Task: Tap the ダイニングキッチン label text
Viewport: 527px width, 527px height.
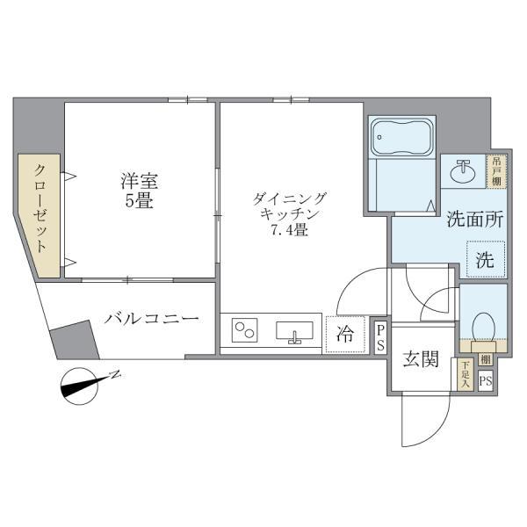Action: [289, 206]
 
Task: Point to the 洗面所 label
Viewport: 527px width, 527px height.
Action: [474, 220]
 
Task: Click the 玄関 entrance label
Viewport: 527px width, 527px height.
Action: [421, 359]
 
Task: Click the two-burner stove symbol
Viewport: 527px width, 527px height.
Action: [245, 332]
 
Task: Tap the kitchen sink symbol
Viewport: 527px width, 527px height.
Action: [295, 332]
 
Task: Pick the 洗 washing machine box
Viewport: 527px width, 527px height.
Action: [484, 260]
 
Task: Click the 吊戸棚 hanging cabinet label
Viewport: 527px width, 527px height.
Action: [497, 170]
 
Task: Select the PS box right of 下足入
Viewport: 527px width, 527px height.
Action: [486, 380]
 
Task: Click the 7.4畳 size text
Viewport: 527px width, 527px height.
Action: [289, 232]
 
